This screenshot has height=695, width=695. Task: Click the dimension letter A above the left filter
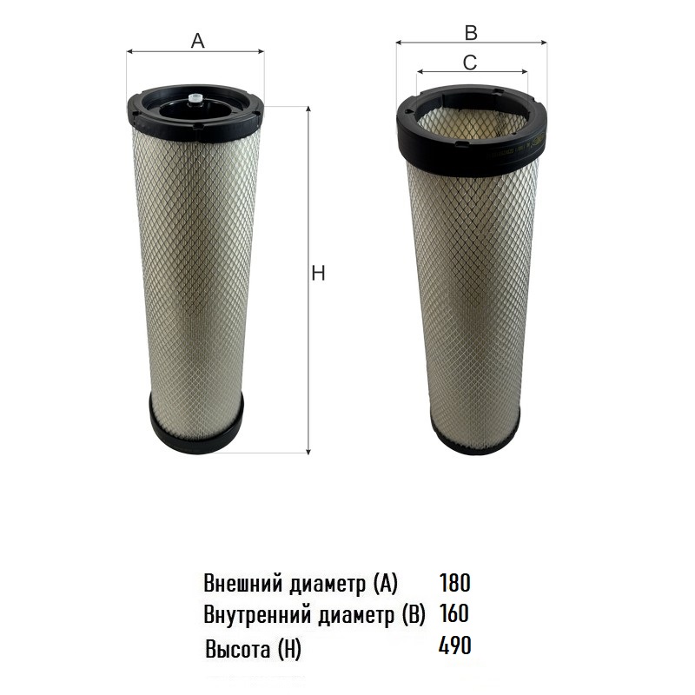click(x=198, y=41)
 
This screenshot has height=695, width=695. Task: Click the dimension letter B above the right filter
click(x=471, y=33)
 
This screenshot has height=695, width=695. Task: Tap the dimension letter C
click(x=470, y=63)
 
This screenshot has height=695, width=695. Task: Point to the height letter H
click(x=318, y=274)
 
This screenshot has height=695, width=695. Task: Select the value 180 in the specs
click(x=454, y=582)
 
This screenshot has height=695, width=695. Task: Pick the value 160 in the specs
click(x=454, y=613)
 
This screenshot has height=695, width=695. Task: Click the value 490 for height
click(x=454, y=645)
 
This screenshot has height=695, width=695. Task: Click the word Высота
click(x=238, y=649)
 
